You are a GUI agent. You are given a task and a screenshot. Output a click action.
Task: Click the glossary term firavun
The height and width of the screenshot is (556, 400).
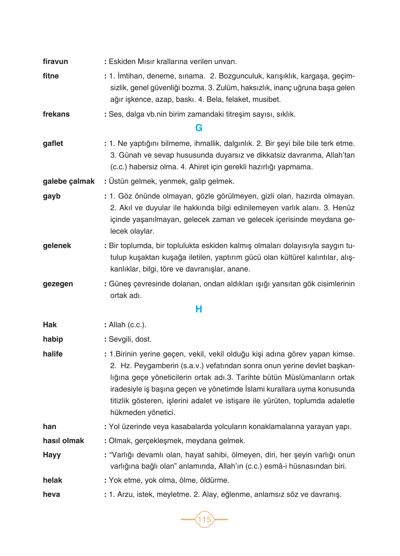click(x=55, y=62)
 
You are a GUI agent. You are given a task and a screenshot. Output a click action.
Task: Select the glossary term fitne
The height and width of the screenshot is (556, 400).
click(x=51, y=76)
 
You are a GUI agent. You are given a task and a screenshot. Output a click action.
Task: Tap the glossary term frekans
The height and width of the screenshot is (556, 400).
click(x=56, y=114)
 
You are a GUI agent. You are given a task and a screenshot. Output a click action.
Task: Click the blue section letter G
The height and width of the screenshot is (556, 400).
click(x=199, y=128)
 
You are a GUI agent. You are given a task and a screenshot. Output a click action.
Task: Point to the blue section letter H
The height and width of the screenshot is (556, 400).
click(x=199, y=309)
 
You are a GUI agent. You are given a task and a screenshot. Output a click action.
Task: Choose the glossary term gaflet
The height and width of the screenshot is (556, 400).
click(x=53, y=143)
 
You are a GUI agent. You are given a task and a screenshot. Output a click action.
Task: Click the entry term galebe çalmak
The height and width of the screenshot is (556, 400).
click(x=69, y=181)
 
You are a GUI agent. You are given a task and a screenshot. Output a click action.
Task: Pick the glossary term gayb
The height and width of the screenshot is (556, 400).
click(x=52, y=196)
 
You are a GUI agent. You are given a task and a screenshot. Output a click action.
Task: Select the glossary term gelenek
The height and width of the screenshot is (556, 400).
click(x=57, y=246)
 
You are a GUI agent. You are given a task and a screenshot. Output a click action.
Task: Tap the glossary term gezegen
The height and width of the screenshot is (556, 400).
click(x=58, y=284)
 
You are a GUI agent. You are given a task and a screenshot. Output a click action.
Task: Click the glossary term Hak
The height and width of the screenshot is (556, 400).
click(x=50, y=325)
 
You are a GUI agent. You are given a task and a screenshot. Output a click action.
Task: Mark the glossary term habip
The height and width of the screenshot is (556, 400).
click(x=53, y=339)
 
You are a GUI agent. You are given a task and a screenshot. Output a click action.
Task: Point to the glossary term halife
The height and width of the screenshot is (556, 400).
click(x=53, y=354)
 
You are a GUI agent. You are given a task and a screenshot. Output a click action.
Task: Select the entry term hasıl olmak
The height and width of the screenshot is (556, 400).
click(x=63, y=441)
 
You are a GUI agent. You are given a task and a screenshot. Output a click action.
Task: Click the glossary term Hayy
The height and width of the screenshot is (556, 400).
click(x=52, y=455)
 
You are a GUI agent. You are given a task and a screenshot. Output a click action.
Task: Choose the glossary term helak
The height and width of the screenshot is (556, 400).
click(x=53, y=480)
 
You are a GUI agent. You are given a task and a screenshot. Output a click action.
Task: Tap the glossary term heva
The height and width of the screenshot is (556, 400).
click(x=52, y=494)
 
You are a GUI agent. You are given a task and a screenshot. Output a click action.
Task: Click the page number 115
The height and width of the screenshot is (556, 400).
click(x=204, y=519)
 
